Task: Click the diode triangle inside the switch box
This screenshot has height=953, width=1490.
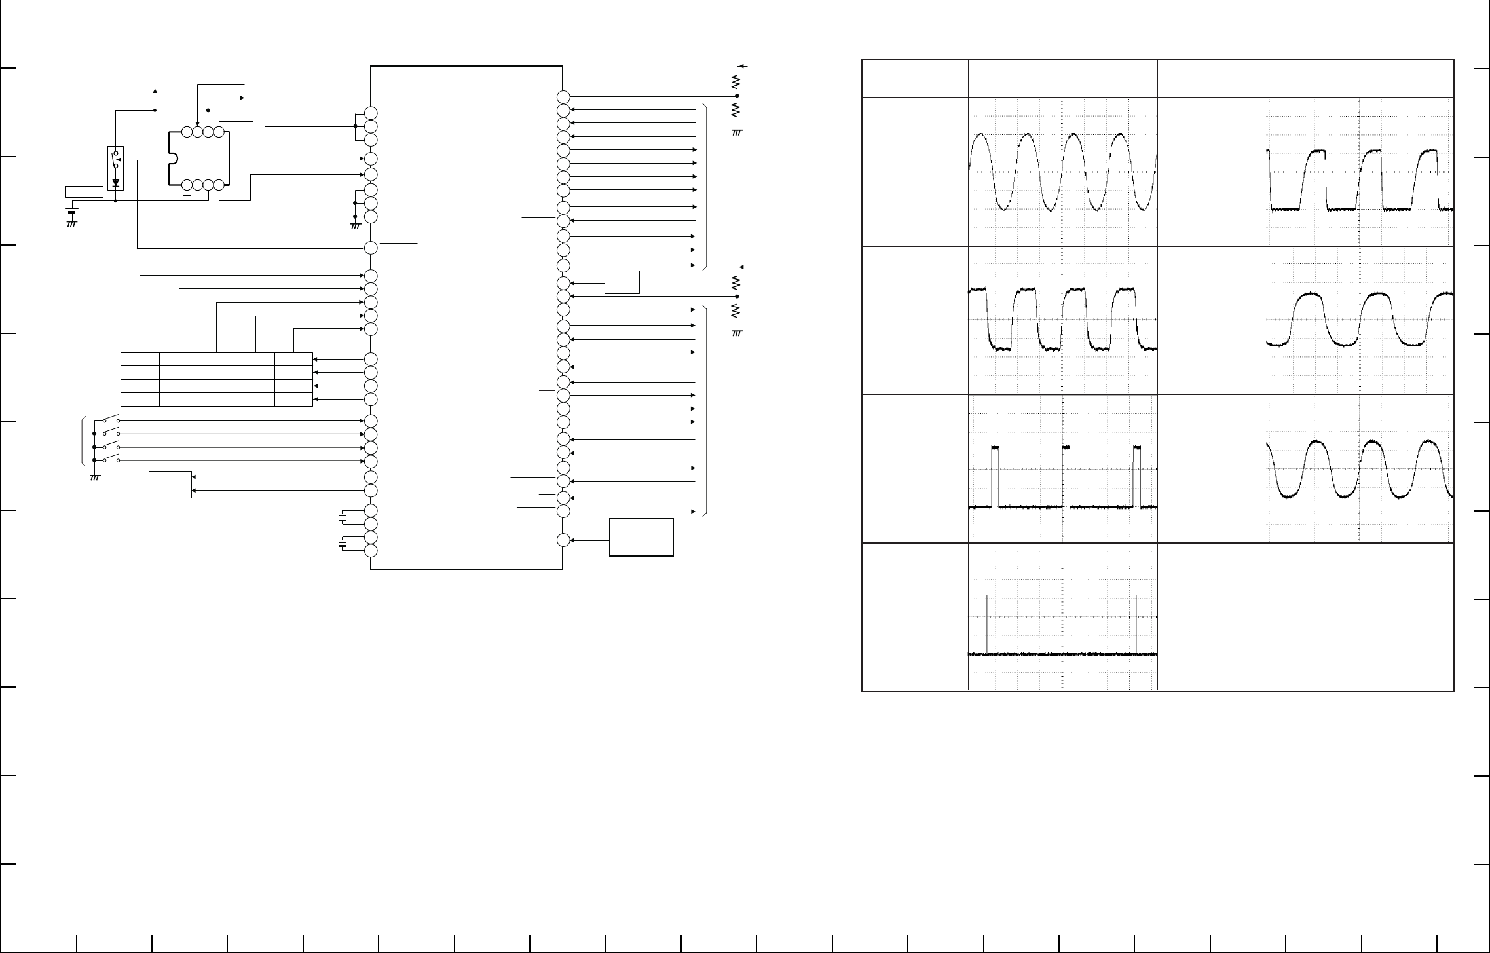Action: pos(115,183)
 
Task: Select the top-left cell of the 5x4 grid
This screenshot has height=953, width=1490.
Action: pos(140,359)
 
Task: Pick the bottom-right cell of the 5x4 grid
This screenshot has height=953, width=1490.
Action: pos(293,400)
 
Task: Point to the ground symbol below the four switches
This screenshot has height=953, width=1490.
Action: pos(94,476)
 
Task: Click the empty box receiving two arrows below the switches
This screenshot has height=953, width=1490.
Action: pos(170,485)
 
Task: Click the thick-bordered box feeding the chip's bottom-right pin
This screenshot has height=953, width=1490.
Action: pos(641,537)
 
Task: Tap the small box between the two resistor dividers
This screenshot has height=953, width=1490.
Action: pos(622,282)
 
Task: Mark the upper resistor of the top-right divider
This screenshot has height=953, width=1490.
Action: pos(736,82)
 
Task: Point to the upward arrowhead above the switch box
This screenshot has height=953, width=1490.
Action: pos(155,91)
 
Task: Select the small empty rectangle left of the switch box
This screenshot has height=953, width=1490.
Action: pos(84,192)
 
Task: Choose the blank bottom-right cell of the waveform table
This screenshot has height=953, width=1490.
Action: pos(1360,616)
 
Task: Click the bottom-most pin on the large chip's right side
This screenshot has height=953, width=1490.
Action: pos(563,540)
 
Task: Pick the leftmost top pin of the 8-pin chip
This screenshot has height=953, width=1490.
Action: pos(187,132)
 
